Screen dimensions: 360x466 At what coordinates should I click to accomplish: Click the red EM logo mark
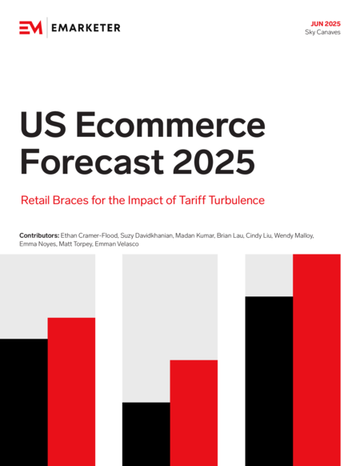coord(31,28)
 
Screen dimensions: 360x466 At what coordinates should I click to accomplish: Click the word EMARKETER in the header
coord(86,28)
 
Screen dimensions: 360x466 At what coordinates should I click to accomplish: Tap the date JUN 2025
coord(326,24)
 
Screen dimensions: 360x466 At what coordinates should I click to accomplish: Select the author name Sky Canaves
coord(322,32)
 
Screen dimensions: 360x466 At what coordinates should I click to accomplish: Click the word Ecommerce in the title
coord(170,124)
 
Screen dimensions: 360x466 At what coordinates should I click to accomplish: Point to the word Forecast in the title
coord(92,162)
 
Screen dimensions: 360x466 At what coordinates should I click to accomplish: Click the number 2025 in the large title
coord(214,162)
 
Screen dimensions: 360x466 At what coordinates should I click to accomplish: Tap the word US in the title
coord(43,124)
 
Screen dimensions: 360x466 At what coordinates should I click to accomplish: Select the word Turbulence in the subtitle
coord(237,200)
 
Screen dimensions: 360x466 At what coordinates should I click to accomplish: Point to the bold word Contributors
coord(39,235)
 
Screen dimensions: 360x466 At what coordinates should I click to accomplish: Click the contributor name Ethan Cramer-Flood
coord(90,235)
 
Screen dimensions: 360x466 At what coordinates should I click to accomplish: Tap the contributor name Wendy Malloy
coord(294,235)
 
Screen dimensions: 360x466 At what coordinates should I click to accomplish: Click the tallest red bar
coord(317,360)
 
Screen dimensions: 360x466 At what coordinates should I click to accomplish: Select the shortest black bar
coord(146,434)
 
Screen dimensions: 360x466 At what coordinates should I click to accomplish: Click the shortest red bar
coord(194,413)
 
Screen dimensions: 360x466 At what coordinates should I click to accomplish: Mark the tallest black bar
coord(269,381)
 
